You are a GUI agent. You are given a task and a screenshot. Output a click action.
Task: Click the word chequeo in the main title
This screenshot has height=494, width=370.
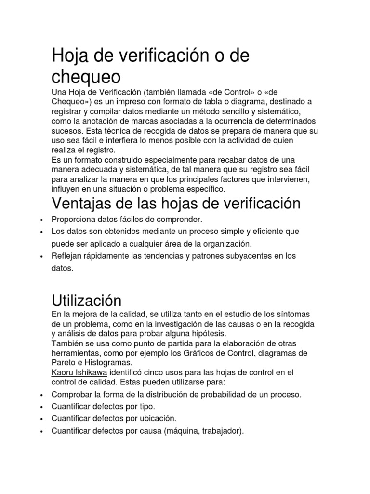[86, 77]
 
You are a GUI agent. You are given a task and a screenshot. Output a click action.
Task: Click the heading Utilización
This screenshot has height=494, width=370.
[86, 301]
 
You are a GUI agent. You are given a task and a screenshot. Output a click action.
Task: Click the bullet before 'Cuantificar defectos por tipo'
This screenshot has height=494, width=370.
[43, 407]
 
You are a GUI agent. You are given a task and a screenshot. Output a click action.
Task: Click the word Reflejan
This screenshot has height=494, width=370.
[66, 255]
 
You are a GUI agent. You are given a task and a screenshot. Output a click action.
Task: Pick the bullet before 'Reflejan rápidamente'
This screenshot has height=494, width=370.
[43, 256]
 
